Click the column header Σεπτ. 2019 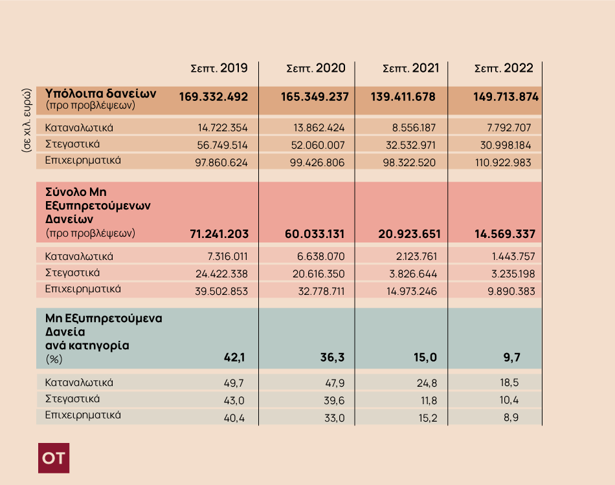click(219, 68)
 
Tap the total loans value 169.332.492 click(214, 97)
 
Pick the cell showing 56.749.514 click(221, 145)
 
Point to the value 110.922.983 click(502, 162)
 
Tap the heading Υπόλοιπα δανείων click(101, 92)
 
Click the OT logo click(54, 458)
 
